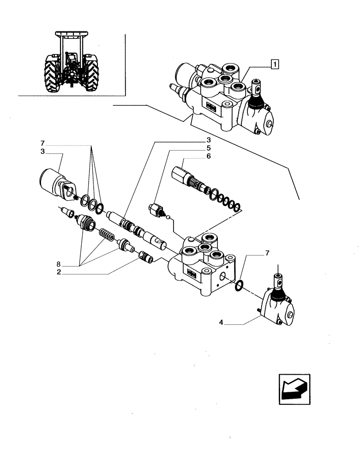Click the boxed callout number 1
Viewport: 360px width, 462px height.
[275, 65]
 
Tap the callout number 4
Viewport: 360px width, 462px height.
[222, 323]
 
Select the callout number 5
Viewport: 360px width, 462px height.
[209, 148]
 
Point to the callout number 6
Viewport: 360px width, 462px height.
[209, 156]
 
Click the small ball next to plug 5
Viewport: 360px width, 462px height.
[169, 217]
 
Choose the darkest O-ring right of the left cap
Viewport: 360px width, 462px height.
[101, 206]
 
